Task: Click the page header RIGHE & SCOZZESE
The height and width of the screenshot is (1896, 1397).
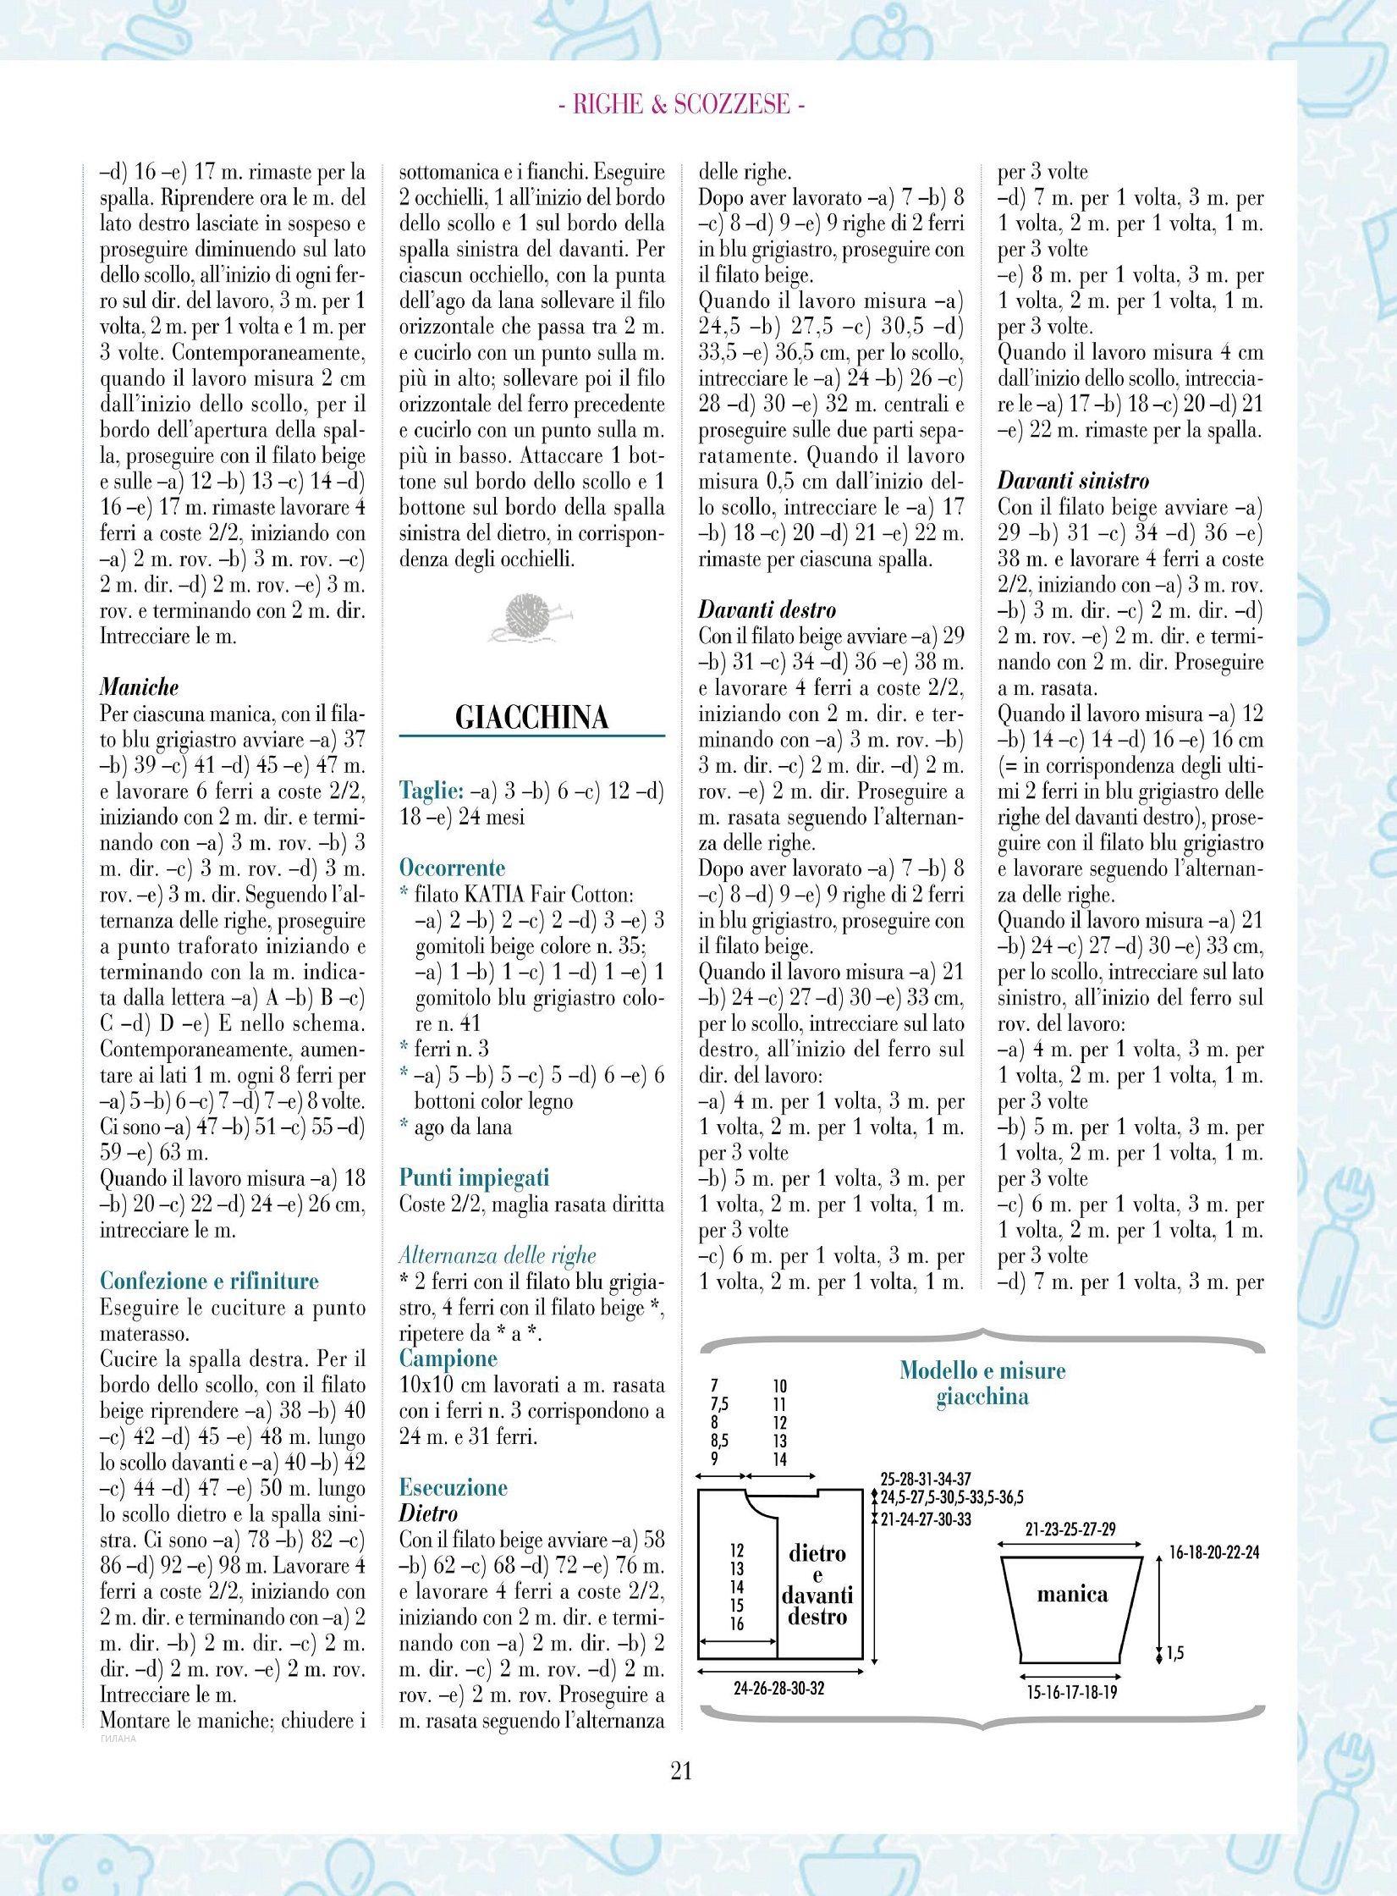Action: click(681, 106)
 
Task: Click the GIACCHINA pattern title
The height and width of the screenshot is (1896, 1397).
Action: click(531, 718)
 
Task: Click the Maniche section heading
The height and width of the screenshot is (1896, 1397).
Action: click(140, 688)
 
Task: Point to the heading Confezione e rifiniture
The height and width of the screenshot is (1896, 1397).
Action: click(209, 1281)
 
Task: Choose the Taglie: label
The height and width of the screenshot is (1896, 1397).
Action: click(431, 791)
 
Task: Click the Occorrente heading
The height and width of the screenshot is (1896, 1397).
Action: click(452, 868)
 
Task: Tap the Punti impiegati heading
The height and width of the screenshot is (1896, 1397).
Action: click(474, 1177)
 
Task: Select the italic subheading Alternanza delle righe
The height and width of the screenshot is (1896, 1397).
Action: click(498, 1255)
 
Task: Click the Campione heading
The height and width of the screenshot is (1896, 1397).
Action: click(448, 1359)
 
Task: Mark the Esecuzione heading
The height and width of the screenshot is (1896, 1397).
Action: click(454, 1487)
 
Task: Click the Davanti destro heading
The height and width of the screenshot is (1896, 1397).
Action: click(767, 610)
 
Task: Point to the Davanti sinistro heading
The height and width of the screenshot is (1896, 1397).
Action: click(1074, 482)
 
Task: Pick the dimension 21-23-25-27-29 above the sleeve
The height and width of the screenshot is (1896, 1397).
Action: click(1070, 1529)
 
